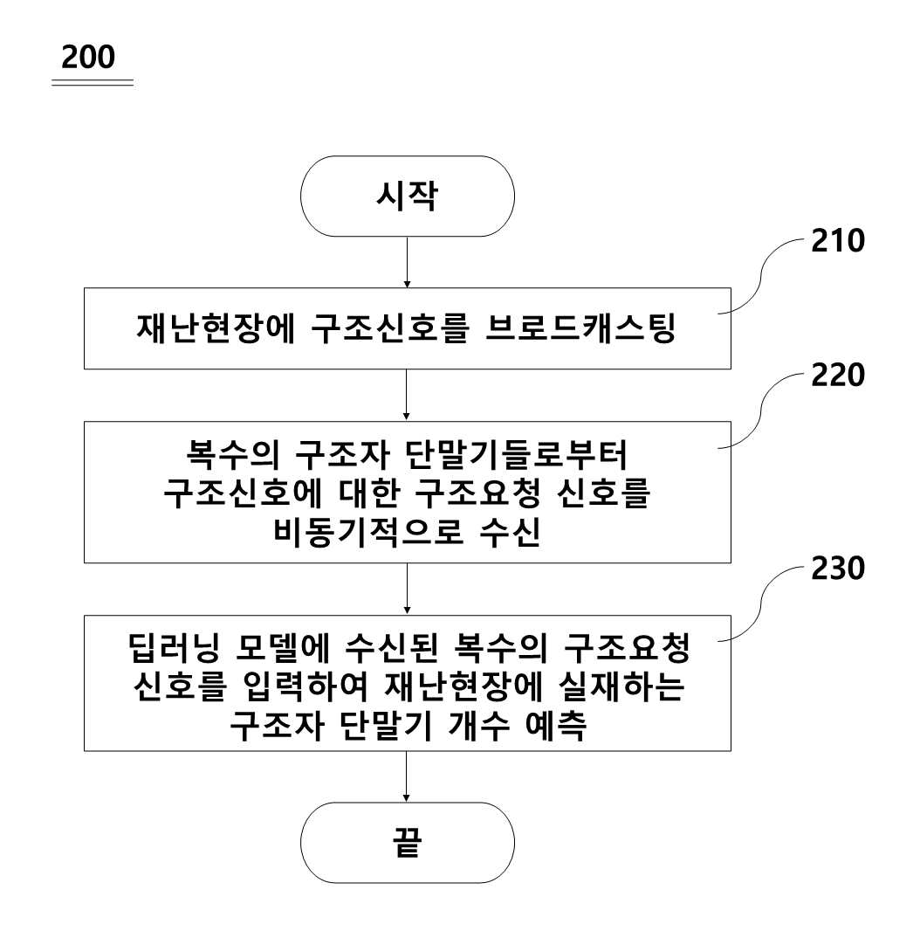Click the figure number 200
[88, 57]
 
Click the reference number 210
[837, 240]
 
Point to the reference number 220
[837, 375]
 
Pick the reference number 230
[837, 569]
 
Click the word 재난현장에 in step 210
[216, 328]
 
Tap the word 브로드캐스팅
[581, 328]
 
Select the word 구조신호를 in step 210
[390, 328]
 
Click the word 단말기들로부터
[517, 455]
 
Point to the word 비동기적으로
[368, 531]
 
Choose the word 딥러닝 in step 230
[174, 648]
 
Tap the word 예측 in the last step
[556, 725]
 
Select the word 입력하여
[306, 687]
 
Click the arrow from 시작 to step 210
[407, 262]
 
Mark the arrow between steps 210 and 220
[407, 396]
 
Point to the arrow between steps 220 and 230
[407, 589]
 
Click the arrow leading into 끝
[407, 776]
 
